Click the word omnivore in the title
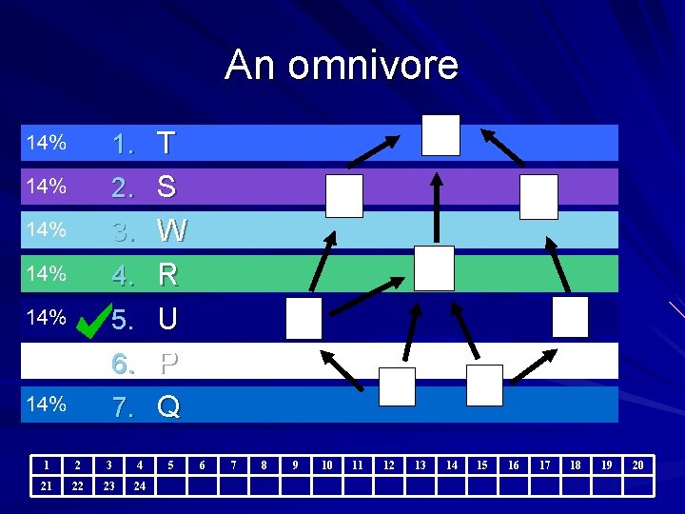[373, 65]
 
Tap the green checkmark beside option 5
[92, 317]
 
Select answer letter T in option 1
[166, 144]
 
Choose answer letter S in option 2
[166, 187]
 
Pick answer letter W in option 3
[171, 230]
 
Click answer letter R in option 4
[167, 275]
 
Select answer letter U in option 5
[167, 319]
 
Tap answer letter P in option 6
[168, 363]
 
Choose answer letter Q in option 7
[168, 406]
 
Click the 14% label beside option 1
[46, 144]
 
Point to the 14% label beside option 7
[46, 405]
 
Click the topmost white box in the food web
[440, 135]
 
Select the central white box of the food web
[434, 267]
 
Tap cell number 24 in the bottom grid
[140, 486]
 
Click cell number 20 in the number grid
[637, 465]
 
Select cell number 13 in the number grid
[420, 465]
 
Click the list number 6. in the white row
[123, 363]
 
